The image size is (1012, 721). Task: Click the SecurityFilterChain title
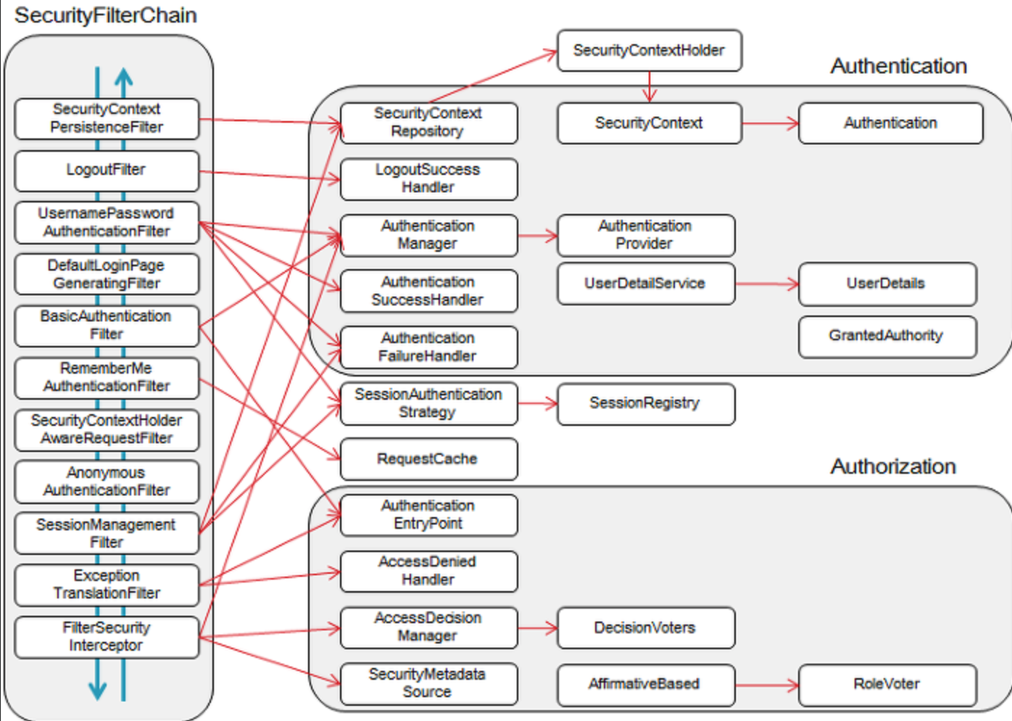point(106,16)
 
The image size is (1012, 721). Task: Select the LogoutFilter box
point(107,171)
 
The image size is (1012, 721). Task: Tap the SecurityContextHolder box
point(650,51)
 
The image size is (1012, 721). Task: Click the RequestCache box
point(428,459)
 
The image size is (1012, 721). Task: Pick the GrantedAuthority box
point(887,337)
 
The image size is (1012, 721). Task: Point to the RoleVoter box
point(887,685)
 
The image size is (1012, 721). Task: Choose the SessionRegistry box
point(646,404)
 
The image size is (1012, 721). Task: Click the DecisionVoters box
point(646,628)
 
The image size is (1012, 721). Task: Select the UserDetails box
point(887,284)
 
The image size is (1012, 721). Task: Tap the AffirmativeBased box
point(646,685)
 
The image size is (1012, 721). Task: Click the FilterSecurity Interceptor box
point(107,637)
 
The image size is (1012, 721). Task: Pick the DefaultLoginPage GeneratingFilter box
point(107,274)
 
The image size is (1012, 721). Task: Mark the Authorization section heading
point(892,466)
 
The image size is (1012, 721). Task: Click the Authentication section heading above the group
point(899,67)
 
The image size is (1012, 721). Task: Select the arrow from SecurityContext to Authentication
point(771,123)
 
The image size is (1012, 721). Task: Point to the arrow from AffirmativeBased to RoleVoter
point(767,685)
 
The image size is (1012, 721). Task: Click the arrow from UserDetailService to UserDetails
point(767,284)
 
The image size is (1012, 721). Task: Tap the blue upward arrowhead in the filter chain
point(123,76)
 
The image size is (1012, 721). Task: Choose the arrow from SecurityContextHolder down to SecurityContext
point(650,87)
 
